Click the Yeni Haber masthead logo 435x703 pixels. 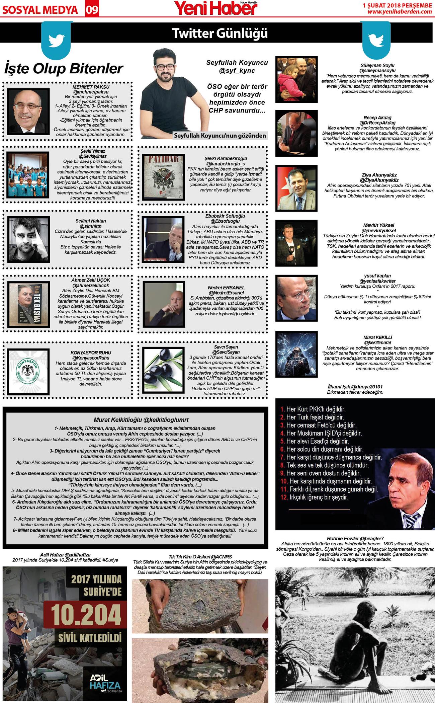216,8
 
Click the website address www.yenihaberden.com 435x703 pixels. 400,12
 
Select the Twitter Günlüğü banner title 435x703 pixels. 220,33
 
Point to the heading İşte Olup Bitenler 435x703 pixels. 64,69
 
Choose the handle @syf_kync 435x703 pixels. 237,71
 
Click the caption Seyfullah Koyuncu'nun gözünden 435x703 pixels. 220,136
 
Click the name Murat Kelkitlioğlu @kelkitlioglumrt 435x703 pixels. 141,420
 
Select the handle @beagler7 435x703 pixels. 371,539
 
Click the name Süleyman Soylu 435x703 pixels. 377,65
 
